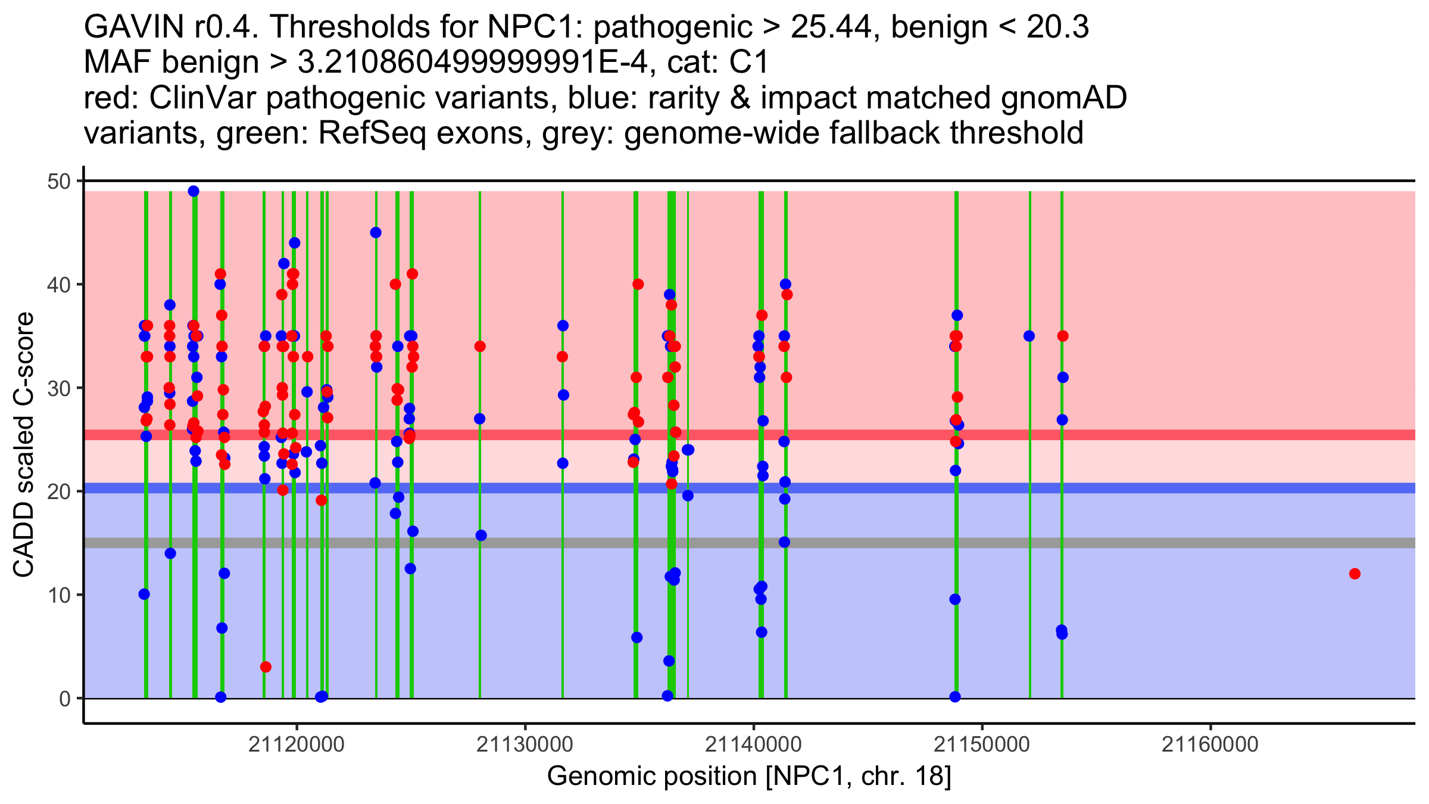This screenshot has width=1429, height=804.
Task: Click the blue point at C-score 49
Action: pyautogui.click(x=194, y=191)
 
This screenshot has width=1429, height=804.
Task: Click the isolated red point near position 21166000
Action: pyautogui.click(x=1355, y=574)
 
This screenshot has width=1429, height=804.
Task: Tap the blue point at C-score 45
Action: pyautogui.click(x=376, y=233)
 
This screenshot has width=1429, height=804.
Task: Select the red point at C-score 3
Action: pyautogui.click(x=266, y=667)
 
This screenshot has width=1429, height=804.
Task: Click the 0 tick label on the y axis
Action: pyautogui.click(x=64, y=699)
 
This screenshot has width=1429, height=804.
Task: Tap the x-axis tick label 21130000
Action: pyautogui.click(x=525, y=744)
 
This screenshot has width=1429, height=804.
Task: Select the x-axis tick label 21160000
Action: pyautogui.click(x=1210, y=744)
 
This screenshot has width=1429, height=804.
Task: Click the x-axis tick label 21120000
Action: pyautogui.click(x=297, y=744)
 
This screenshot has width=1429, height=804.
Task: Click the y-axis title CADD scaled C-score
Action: pyautogui.click(x=24, y=445)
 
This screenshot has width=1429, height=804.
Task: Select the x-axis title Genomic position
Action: pyautogui.click(x=749, y=777)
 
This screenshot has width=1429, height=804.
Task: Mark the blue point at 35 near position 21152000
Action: pyautogui.click(x=1029, y=336)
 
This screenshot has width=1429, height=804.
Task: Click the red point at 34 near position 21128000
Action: pyautogui.click(x=480, y=347)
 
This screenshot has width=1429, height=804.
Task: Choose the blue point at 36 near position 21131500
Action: pyautogui.click(x=563, y=326)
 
